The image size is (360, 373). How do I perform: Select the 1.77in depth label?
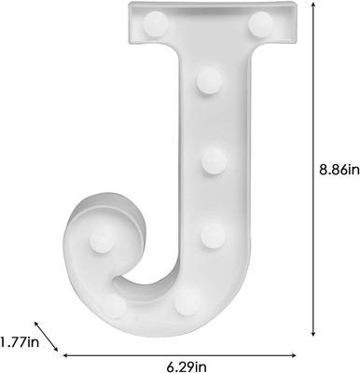click(20, 341)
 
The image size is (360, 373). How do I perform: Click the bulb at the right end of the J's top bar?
click(260, 21)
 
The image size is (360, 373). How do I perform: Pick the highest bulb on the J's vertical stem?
click(207, 84)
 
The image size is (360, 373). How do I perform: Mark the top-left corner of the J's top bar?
click(129, 6)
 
